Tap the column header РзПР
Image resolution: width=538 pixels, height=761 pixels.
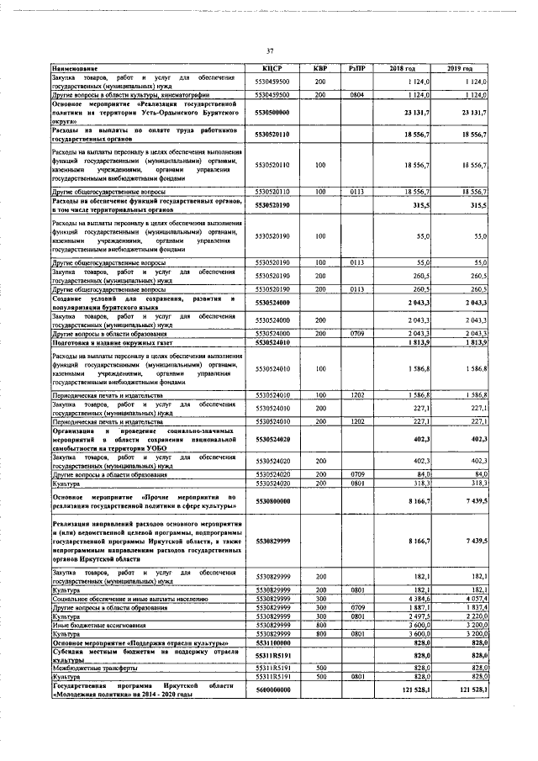tap(356, 67)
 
